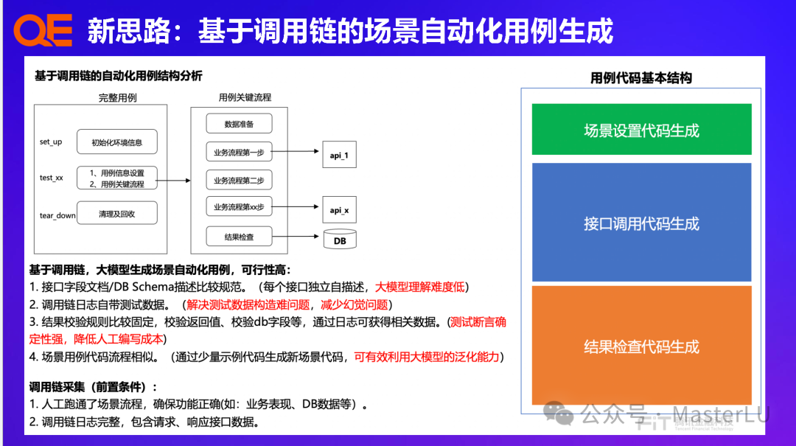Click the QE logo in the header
pyautogui.click(x=43, y=31)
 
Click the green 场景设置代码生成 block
pyautogui.click(x=641, y=130)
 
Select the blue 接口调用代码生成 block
pyautogui.click(x=641, y=223)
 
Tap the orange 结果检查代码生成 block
pyautogui.click(x=641, y=346)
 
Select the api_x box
pyautogui.click(x=339, y=210)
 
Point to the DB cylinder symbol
pyautogui.click(x=340, y=240)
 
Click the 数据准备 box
pyautogui.click(x=239, y=124)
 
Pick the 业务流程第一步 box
pyautogui.click(x=239, y=153)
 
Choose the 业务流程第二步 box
pyautogui.click(x=239, y=181)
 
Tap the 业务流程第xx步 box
pyautogui.click(x=239, y=208)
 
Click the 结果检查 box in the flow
pyautogui.click(x=239, y=237)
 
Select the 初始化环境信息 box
pyautogui.click(x=117, y=142)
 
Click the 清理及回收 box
pyautogui.click(x=117, y=215)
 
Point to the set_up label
pyautogui.click(x=51, y=142)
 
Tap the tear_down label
pyautogui.click(x=57, y=215)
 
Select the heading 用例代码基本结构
pyautogui.click(x=641, y=78)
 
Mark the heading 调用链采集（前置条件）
pyautogui.click(x=93, y=386)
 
